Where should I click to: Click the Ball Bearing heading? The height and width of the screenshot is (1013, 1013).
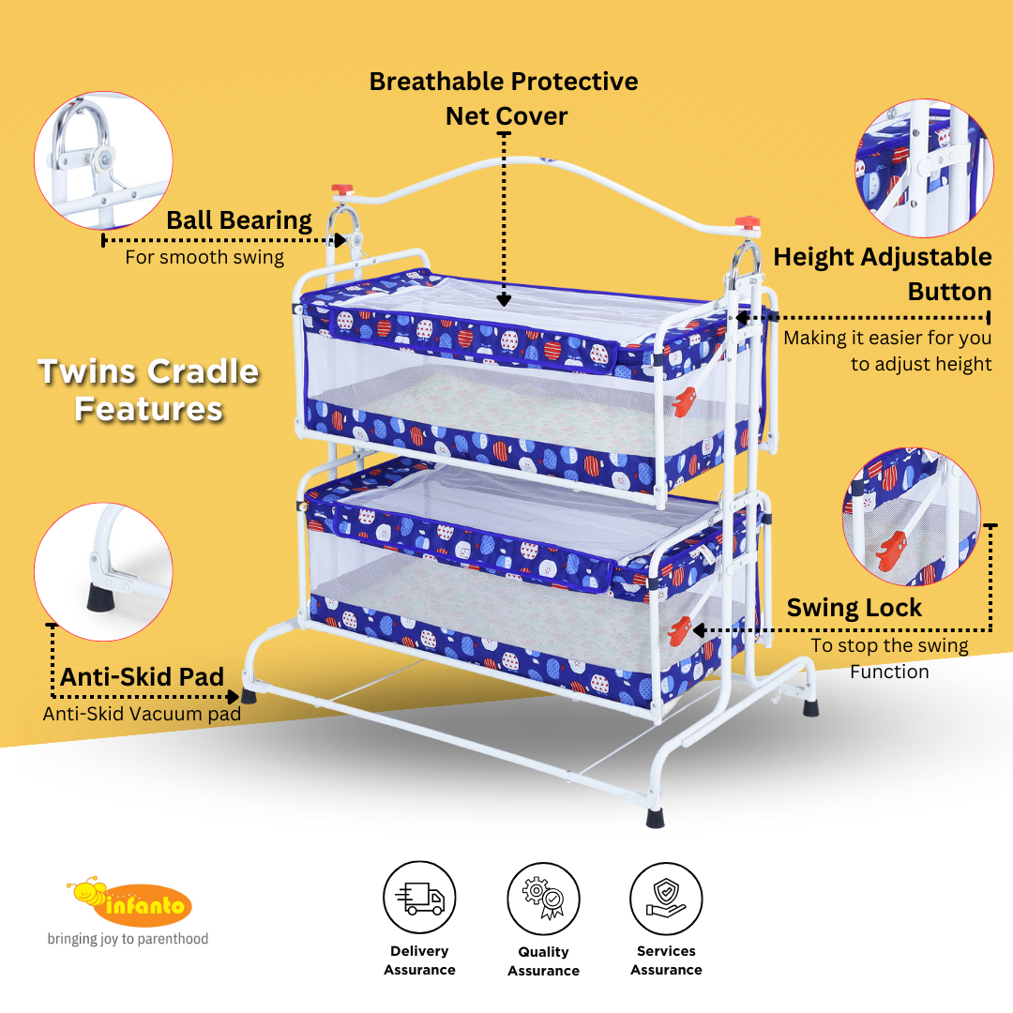[x=239, y=221]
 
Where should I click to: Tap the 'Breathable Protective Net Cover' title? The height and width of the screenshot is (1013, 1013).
[x=504, y=98]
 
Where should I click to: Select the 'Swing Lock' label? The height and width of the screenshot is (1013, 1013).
[x=854, y=608]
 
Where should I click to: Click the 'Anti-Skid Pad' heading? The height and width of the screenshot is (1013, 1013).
[x=143, y=677]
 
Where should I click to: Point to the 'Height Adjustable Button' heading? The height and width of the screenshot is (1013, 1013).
[x=882, y=274]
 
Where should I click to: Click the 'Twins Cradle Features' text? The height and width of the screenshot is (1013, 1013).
[x=148, y=390]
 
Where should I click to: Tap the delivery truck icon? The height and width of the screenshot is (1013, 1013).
[x=419, y=898]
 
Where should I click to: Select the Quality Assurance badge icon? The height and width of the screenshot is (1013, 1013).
[x=543, y=898]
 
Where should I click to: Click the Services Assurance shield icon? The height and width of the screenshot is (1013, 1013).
[x=666, y=898]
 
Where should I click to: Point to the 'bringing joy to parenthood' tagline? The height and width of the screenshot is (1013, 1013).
[x=128, y=939]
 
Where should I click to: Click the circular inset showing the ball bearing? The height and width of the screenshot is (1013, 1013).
[x=103, y=160]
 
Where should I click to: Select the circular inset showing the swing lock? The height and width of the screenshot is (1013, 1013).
[x=911, y=516]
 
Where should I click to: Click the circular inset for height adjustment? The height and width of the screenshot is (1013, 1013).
[x=923, y=169]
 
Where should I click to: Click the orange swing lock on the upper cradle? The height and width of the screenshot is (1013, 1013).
[x=684, y=401]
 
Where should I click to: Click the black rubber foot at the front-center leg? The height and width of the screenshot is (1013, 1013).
[x=655, y=817]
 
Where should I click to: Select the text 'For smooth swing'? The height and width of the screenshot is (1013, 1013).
[x=204, y=257]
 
